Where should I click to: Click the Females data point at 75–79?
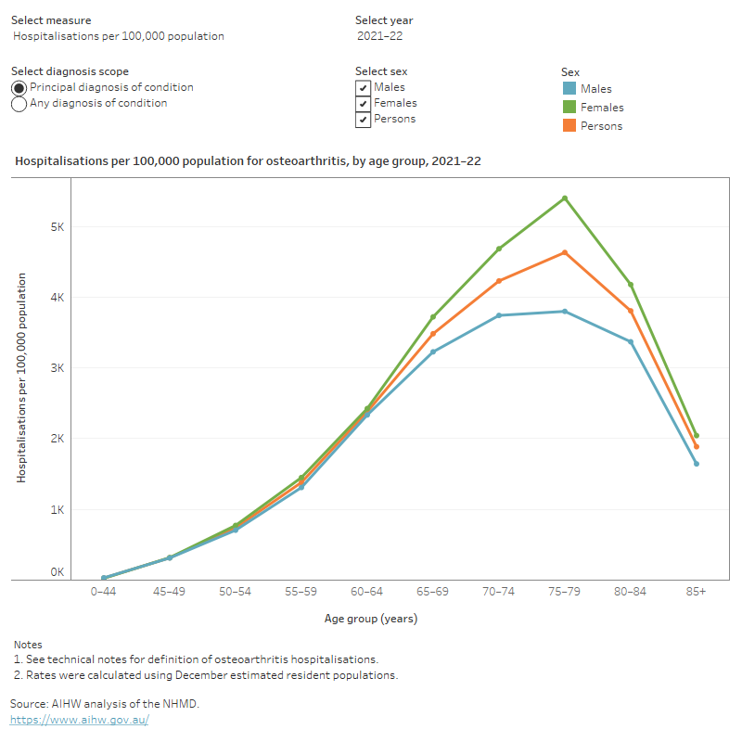tap(565, 198)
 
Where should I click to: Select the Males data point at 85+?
tap(697, 464)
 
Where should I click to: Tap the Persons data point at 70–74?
tap(499, 281)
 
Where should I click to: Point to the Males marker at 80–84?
tap(631, 341)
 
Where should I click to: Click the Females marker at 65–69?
tap(433, 316)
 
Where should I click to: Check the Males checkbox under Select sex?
tap(363, 88)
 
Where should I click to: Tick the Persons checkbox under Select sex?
tap(363, 120)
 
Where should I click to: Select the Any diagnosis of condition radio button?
tap(19, 104)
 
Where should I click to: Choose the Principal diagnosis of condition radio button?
tap(19, 88)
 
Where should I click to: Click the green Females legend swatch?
tap(569, 107)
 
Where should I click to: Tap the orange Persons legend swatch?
tap(569, 125)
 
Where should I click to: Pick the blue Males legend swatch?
tap(569, 88)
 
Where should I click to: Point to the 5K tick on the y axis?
tap(58, 227)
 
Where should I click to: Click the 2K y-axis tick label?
tap(58, 439)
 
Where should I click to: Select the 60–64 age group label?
tap(366, 592)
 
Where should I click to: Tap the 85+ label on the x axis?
tap(697, 592)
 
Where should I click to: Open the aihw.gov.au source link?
tap(80, 720)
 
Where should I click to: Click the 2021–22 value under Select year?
tap(380, 36)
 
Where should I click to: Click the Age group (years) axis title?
tap(371, 619)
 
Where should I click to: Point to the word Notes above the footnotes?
tap(28, 645)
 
